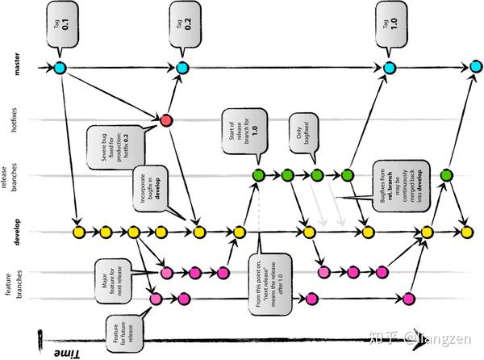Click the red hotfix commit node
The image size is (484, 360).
[166, 120]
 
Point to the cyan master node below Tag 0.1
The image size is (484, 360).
[60, 67]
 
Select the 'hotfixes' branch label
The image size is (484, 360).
[17, 120]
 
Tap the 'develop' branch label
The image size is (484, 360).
[17, 232]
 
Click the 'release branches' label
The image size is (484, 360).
[17, 174]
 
